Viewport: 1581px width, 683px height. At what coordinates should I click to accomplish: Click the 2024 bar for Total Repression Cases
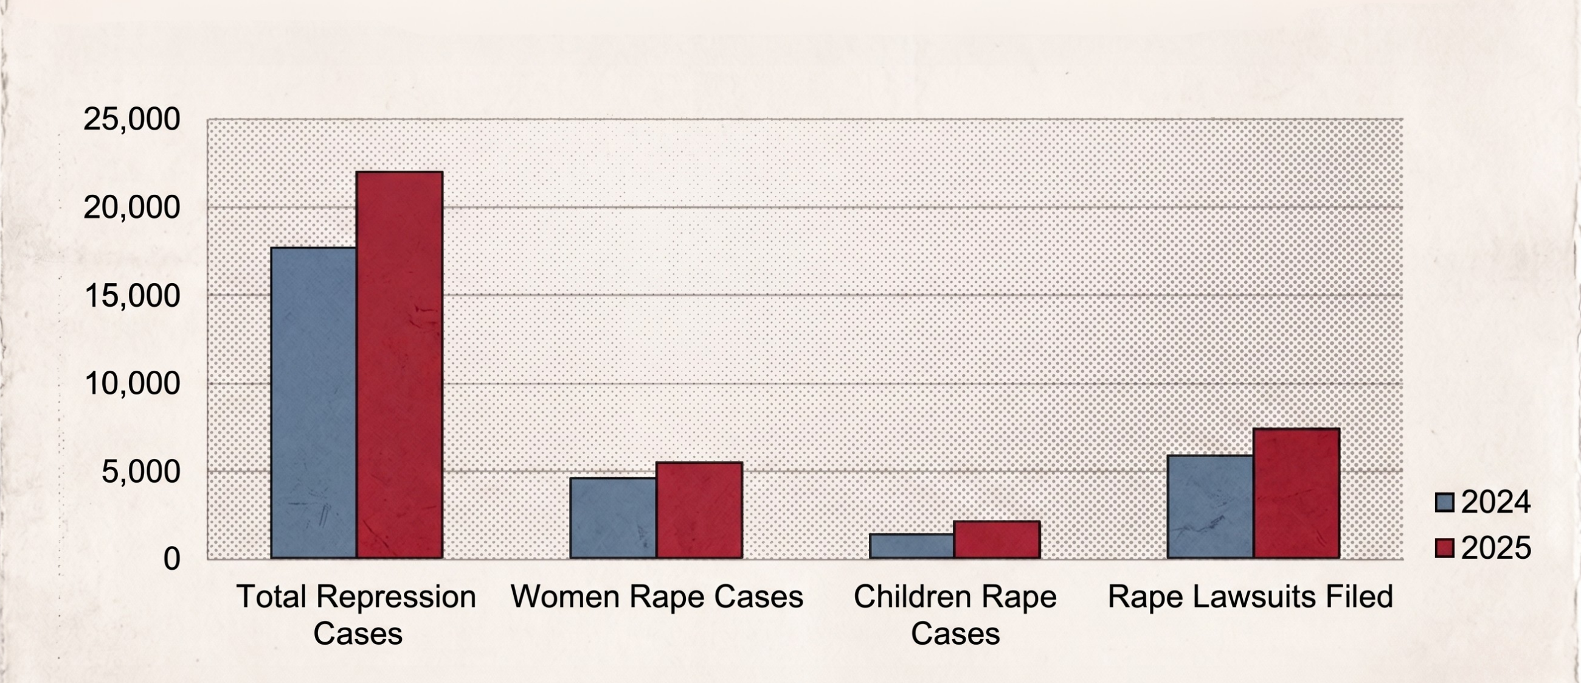point(314,403)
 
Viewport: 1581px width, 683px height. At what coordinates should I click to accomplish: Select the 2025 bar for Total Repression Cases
point(400,365)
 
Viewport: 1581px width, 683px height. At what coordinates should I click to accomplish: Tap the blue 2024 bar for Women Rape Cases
point(613,519)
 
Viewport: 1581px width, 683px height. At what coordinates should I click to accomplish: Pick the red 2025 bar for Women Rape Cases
point(699,510)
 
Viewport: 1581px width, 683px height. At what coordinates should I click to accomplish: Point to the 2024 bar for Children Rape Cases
point(912,546)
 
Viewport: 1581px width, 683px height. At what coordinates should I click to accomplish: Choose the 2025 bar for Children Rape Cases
point(997,540)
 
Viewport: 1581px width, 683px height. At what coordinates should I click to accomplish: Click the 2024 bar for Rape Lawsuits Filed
point(1210,506)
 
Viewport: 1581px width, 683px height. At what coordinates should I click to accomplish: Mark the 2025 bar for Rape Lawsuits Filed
point(1296,493)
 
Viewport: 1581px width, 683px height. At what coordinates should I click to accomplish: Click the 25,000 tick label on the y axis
point(132,119)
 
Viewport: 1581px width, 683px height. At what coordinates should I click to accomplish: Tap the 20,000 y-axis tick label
point(132,208)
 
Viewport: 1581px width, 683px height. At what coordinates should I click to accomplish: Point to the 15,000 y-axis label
point(132,295)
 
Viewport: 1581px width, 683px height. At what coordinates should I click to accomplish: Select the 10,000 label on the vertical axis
point(132,384)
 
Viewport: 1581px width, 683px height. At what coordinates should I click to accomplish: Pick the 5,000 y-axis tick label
point(141,472)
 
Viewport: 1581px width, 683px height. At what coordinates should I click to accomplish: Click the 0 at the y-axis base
point(172,559)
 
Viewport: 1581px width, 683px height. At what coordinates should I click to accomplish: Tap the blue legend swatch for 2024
point(1445,502)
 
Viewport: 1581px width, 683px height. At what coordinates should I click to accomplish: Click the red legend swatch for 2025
point(1445,548)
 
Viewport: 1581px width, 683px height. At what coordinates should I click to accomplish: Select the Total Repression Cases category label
point(356,615)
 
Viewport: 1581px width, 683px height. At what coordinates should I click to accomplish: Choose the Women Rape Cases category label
point(657,597)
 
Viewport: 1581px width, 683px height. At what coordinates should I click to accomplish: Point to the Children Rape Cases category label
point(955,615)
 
